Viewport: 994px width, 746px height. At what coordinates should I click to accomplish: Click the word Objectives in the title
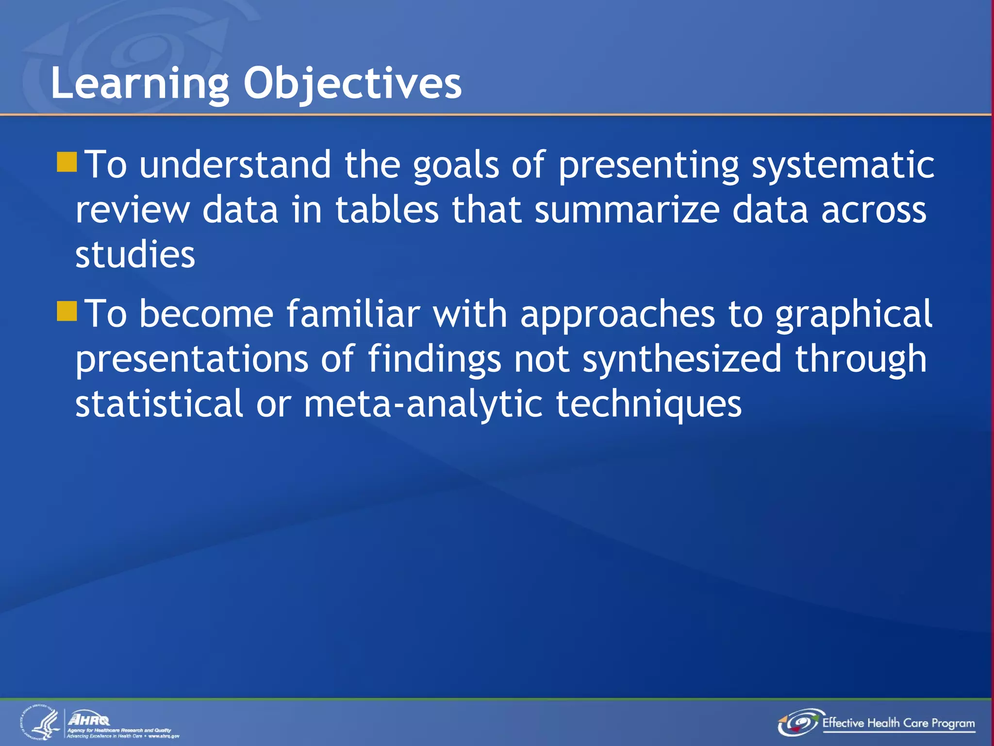coord(352,84)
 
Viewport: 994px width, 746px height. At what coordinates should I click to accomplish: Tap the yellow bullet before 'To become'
coord(66,311)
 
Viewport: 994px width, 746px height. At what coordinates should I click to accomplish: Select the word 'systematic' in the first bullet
coord(843,165)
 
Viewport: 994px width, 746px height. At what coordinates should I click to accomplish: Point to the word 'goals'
coord(456,165)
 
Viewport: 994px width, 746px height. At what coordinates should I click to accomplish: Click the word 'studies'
coord(135,254)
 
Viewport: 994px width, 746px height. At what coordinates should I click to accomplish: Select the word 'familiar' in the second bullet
coord(353,314)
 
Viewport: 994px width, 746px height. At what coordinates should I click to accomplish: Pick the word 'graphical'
coord(853,315)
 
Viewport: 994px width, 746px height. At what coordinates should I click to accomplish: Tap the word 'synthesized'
coord(682,359)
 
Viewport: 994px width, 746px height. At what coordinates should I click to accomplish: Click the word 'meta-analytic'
coord(423,404)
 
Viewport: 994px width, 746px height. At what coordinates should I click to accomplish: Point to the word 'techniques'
coord(648,404)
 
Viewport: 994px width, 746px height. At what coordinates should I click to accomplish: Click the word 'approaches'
coord(617,315)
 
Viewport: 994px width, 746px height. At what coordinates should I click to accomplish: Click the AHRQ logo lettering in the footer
coord(89,719)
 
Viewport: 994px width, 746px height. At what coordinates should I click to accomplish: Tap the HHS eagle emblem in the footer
coord(41,724)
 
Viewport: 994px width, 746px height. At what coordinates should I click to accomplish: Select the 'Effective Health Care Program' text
coord(898,723)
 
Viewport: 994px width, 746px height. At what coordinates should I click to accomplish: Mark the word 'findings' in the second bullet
coord(434,359)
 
